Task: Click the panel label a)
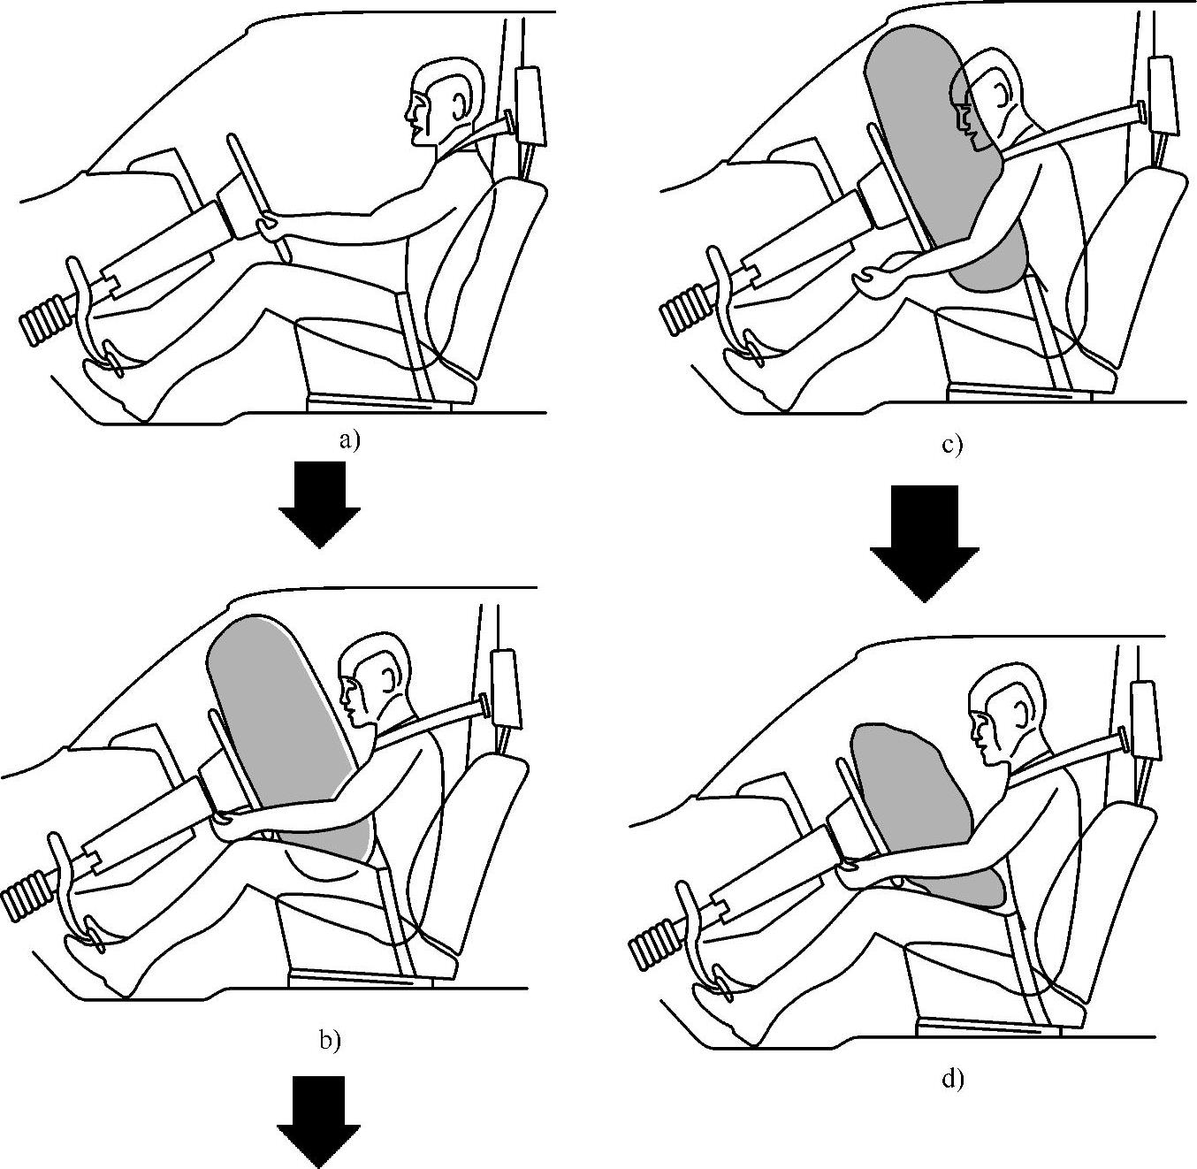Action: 349,440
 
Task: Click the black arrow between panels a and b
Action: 319,505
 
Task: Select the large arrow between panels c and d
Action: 925,543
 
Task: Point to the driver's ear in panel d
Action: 1022,717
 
